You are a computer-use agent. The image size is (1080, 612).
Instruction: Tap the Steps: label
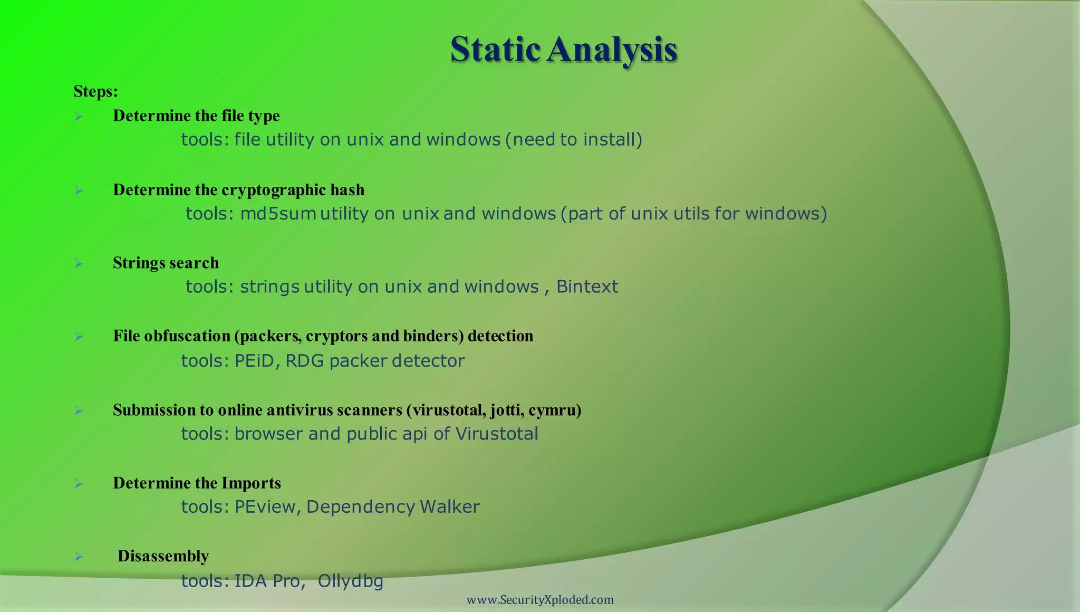point(95,91)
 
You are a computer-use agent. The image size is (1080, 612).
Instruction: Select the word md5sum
point(278,214)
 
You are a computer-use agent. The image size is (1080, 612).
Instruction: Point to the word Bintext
point(587,286)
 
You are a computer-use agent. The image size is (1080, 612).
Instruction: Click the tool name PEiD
point(255,361)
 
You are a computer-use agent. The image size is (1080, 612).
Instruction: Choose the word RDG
point(304,361)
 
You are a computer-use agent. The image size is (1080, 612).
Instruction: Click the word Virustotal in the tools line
point(496,434)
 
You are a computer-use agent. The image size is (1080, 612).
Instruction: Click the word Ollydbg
point(350,581)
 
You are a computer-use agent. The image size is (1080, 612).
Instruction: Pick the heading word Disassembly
point(163,556)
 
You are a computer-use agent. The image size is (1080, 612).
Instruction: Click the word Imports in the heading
point(250,483)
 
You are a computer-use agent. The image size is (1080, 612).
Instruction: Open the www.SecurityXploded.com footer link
point(540,600)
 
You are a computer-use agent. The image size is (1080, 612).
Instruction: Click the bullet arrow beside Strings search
point(79,263)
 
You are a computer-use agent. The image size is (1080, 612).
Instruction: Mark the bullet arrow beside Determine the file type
point(79,116)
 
